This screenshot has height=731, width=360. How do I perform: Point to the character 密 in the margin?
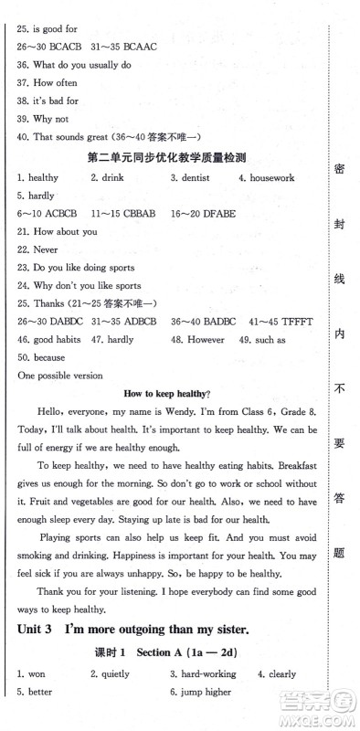(339, 172)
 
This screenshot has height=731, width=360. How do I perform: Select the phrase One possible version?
(58, 376)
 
